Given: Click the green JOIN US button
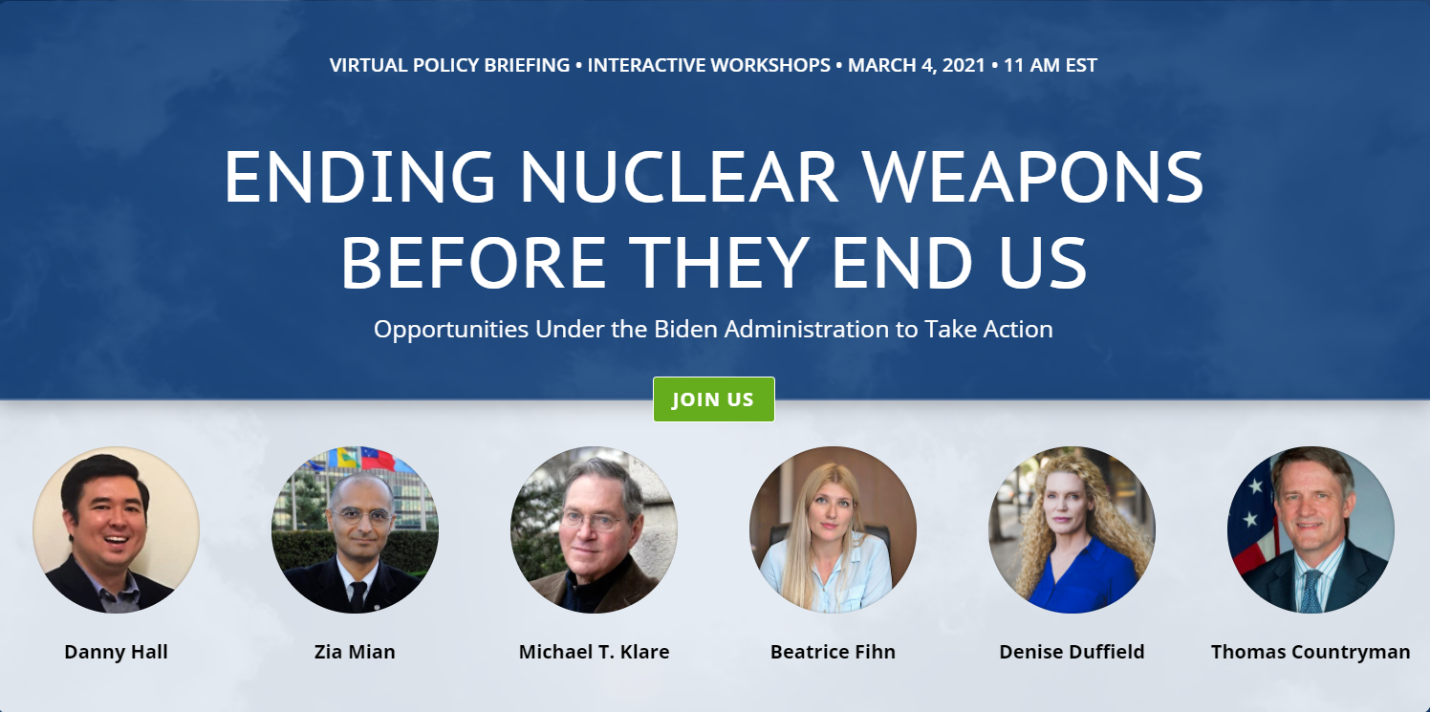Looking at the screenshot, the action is point(714,399).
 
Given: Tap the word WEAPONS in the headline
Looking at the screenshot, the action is point(1033,177).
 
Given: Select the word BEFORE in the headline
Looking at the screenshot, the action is point(474,263).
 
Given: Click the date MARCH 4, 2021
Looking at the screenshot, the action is point(916,65).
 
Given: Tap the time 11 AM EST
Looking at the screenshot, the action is point(1051,65).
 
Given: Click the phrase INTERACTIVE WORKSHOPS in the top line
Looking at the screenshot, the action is point(708,65).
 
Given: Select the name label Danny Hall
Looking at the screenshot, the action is point(117,652).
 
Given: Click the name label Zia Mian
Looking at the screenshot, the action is point(355,652).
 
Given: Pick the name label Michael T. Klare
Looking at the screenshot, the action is point(595,652).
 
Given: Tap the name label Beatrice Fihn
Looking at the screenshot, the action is point(834,652).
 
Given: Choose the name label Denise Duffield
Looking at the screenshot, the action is point(1072,652).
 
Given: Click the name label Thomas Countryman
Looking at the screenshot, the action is point(1311,652).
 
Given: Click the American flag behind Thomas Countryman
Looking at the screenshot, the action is point(1252,517).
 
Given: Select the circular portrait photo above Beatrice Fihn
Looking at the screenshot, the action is point(834,529).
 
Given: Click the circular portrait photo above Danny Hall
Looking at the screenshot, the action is point(117,529).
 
